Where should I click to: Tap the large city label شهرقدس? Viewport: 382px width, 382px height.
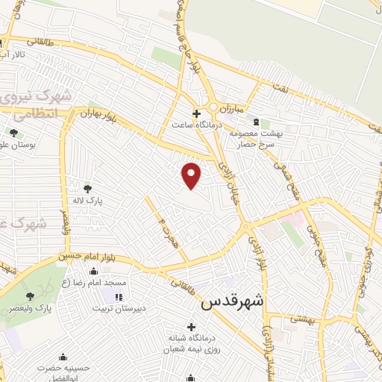pyautogui.click(x=233, y=302)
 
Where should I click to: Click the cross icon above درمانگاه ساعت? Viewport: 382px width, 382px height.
pyautogui.click(x=196, y=114)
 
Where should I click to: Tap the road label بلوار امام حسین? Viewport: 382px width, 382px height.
pyautogui.click(x=87, y=257)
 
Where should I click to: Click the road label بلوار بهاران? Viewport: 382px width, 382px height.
pyautogui.click(x=100, y=117)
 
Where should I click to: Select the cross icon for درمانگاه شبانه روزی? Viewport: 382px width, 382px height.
pyautogui.click(x=192, y=327)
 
